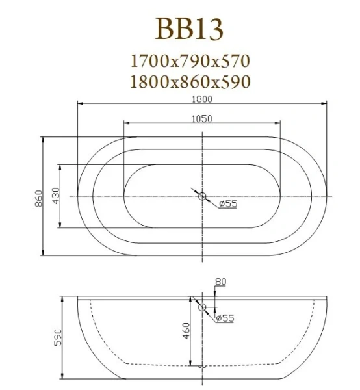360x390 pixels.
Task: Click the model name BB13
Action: point(190,29)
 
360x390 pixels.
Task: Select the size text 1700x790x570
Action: point(190,62)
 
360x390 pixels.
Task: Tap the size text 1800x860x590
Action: point(190,82)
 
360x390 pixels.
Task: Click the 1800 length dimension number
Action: point(201,99)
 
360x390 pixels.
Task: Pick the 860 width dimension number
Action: point(38,196)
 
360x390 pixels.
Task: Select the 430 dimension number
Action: point(56,196)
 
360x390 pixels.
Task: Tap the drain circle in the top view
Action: point(201,196)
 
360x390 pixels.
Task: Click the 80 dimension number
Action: point(220,281)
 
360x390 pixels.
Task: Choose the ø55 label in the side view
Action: point(224,318)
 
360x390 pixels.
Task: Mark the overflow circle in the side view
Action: point(201,307)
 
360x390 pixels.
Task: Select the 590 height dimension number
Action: point(57,338)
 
